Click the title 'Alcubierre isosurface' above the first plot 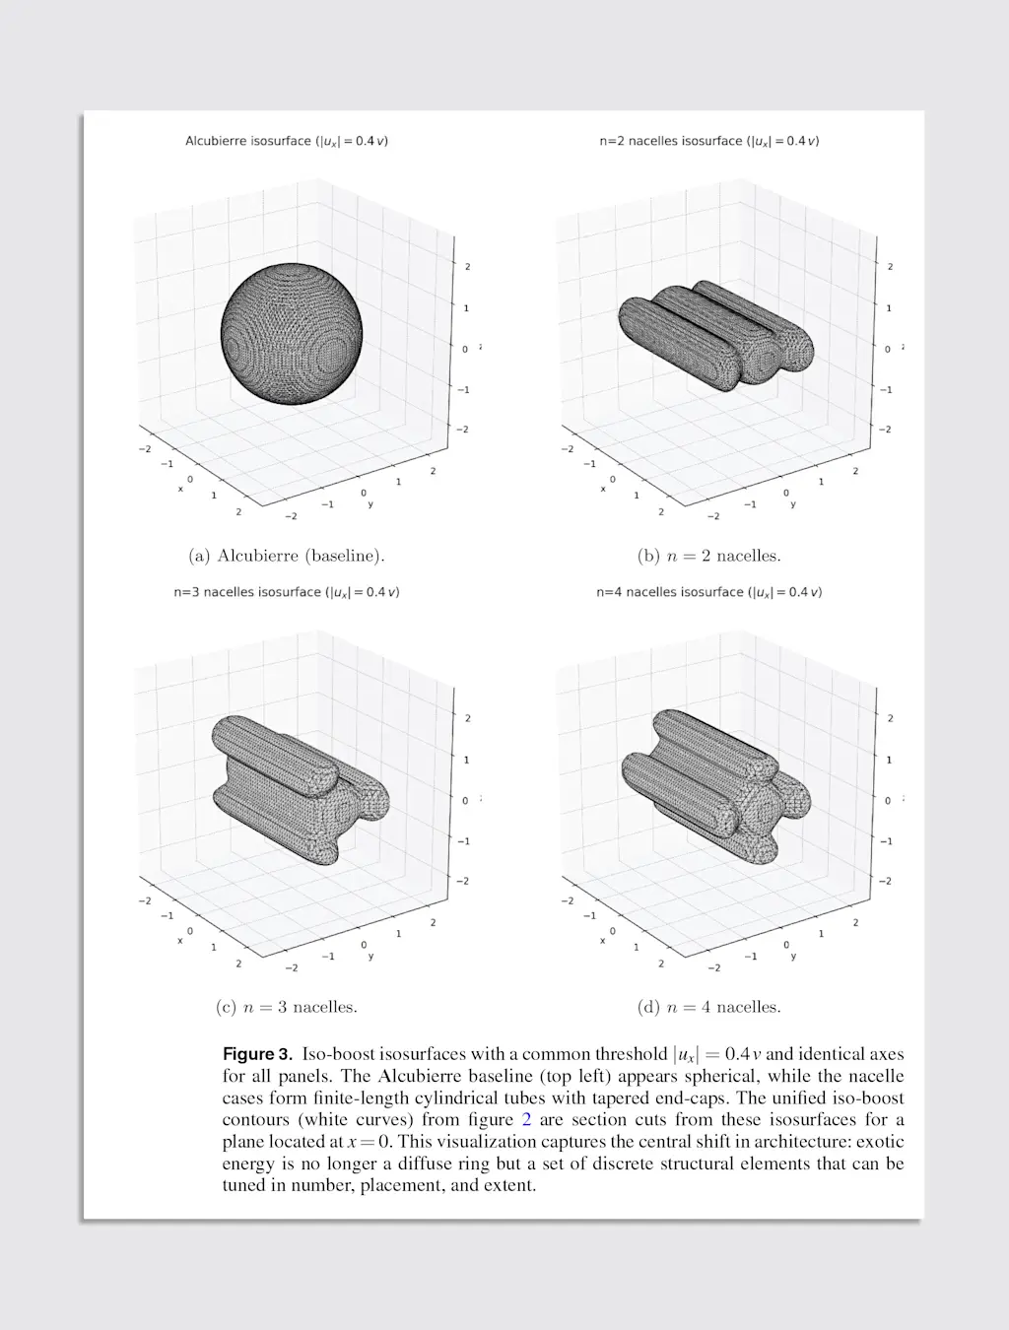286,141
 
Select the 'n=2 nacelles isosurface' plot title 708,141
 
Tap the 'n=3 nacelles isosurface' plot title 286,592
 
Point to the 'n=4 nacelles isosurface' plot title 708,592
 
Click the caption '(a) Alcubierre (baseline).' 286,556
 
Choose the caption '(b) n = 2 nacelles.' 708,556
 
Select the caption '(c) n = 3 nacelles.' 286,1007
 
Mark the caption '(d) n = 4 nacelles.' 708,1007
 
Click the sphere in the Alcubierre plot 291,336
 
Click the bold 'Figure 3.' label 257,1054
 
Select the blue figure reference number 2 526,1120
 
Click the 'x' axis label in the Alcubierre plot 180,489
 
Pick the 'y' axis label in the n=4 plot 793,956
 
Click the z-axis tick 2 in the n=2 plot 890,267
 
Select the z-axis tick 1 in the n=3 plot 466,760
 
